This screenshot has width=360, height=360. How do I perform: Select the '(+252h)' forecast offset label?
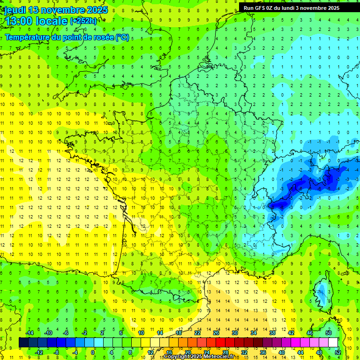click(84, 21)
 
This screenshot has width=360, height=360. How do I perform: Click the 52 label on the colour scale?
click(337, 352)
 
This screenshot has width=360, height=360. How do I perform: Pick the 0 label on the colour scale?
click(93, 352)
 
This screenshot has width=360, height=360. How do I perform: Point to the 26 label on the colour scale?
click(216, 333)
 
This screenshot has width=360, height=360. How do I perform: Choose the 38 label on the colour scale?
click(272, 333)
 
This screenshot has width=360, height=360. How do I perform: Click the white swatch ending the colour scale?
click(333, 343)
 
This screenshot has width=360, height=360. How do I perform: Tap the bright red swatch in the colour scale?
click(220, 343)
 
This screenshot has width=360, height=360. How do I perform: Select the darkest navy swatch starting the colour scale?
click(23, 343)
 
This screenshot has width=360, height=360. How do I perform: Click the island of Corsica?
click(322, 293)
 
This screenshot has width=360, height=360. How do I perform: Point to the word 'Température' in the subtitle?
click(28, 37)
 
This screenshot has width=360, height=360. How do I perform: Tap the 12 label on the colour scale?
click(150, 352)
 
